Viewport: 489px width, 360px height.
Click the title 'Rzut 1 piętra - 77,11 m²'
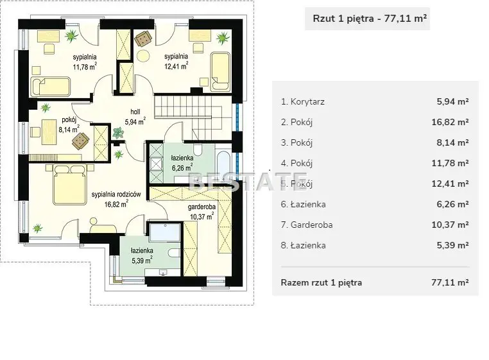click(x=370, y=19)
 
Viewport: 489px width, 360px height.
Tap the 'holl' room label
click(x=135, y=112)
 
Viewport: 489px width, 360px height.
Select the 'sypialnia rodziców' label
click(x=116, y=194)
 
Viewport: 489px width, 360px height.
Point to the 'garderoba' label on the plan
click(x=202, y=207)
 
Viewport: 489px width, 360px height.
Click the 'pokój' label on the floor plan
click(x=69, y=120)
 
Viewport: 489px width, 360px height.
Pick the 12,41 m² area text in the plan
click(x=176, y=66)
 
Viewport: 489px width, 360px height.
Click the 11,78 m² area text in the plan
click(x=85, y=67)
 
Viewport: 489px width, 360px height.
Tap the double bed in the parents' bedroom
click(x=69, y=185)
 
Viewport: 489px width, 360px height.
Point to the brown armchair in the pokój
click(x=80, y=141)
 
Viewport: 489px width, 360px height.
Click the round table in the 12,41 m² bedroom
click(x=143, y=56)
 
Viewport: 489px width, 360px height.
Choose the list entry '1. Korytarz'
click(x=303, y=101)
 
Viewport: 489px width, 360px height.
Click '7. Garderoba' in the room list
click(x=307, y=225)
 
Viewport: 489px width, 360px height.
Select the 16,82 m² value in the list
click(x=450, y=122)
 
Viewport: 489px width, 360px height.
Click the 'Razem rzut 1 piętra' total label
click(x=322, y=282)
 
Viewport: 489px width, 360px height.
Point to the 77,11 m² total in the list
click(x=450, y=282)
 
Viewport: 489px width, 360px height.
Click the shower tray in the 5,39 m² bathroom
click(x=165, y=232)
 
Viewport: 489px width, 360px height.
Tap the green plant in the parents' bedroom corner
click(x=38, y=228)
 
